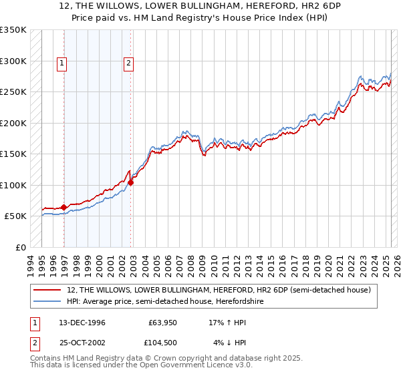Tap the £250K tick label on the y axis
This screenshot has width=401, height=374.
tap(13, 91)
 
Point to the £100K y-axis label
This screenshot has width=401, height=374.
tap(13, 185)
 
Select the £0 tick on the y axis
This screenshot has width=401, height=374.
tap(20, 247)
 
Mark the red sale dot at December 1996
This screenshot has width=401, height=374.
tap(64, 207)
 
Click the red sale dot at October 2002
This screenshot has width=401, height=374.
tap(131, 182)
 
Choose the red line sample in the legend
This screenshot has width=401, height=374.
tap(49, 290)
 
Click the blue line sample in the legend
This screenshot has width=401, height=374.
tap(49, 301)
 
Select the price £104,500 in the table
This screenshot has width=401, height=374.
tap(162, 343)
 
